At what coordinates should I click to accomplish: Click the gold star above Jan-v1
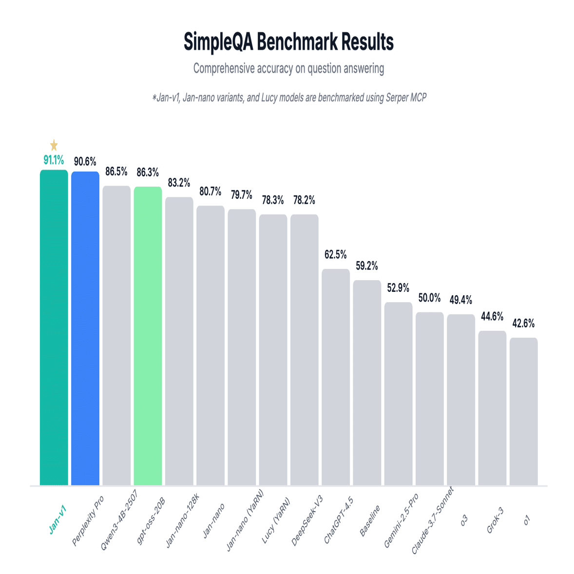54,145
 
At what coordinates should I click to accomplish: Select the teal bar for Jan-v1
54,326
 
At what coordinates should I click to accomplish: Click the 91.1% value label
54,160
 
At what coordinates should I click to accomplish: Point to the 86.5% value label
116,172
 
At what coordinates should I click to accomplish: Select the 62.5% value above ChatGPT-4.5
336,254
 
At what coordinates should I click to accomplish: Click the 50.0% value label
429,297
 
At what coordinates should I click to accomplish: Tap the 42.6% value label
523,323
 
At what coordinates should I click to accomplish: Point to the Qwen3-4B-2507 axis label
119,520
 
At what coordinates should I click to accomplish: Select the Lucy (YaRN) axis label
276,520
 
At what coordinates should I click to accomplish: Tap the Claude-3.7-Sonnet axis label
433,520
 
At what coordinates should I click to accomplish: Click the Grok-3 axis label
495,520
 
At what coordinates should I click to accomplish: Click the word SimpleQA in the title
218,42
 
